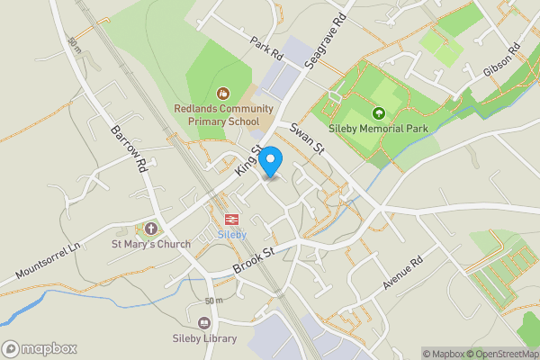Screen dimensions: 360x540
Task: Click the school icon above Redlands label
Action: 223,93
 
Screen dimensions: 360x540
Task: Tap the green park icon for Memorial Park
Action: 379,113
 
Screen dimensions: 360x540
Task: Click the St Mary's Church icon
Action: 149,229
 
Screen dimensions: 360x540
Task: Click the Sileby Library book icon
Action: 204,323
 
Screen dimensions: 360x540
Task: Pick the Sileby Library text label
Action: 204,338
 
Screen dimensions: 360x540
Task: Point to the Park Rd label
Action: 266,49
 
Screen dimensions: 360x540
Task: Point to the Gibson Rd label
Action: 502,60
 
